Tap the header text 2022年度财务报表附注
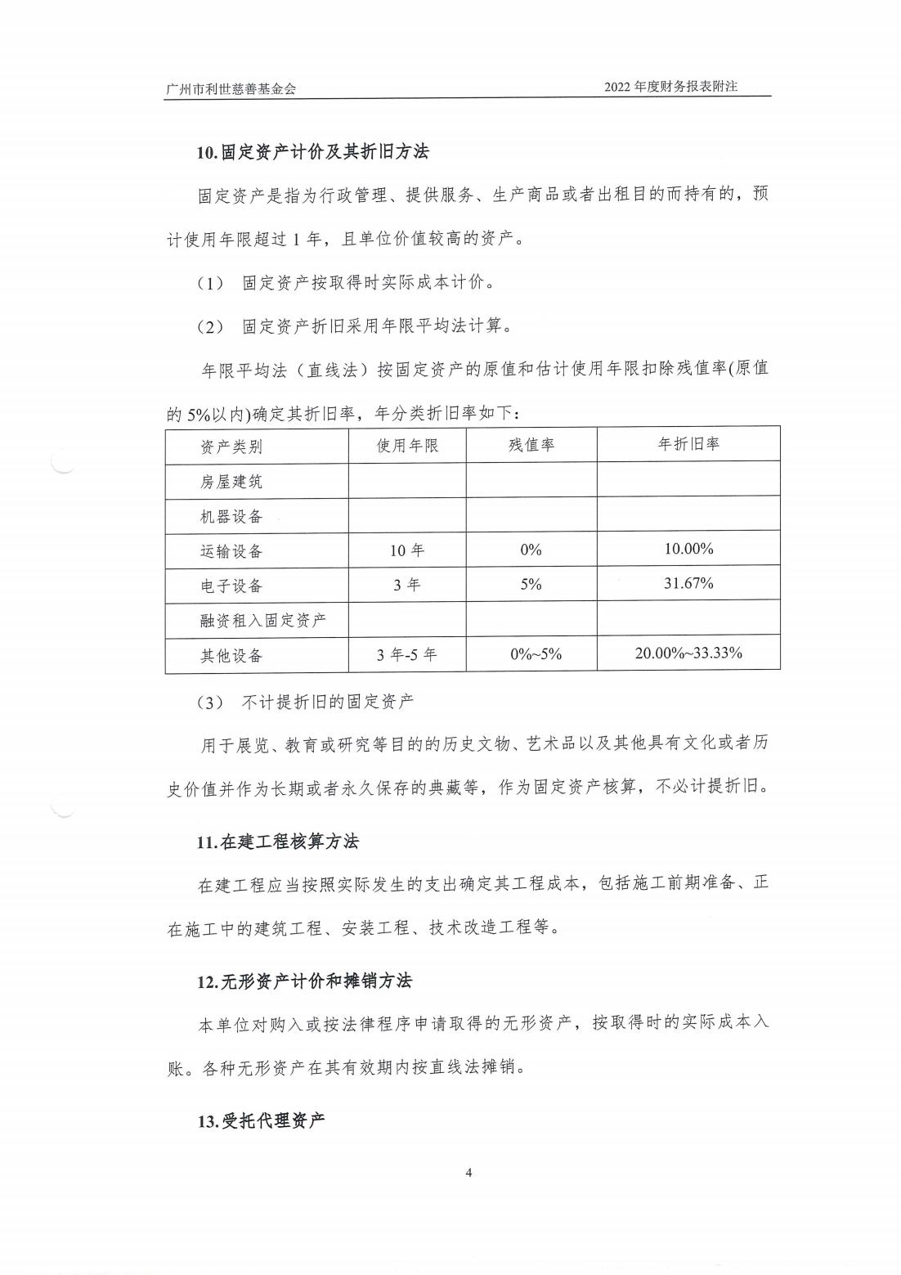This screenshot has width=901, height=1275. tap(670, 86)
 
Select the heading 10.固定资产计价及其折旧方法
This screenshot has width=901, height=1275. tap(312, 152)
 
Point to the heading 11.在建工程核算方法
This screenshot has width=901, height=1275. tap(277, 842)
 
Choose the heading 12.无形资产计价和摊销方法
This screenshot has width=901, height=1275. tap(304, 981)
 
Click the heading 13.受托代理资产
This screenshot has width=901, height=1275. tap(261, 1120)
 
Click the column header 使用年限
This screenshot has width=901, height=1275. tap(407, 446)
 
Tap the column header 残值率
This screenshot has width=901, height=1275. tap(531, 445)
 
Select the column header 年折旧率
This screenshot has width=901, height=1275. tap(688, 444)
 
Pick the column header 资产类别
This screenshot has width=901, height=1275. tap(231, 447)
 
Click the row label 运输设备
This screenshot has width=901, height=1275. tap(231, 551)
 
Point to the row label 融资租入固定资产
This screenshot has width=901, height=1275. tap(262, 621)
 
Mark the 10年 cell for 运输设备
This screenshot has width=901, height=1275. tap(407, 550)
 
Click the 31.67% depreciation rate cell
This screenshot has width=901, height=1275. tap(688, 583)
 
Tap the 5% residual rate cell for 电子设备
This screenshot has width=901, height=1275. tap(531, 585)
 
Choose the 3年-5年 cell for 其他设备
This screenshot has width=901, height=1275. tap(407, 654)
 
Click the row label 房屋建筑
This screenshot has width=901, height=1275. tap(231, 482)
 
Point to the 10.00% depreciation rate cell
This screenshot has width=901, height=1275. tap(688, 549)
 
